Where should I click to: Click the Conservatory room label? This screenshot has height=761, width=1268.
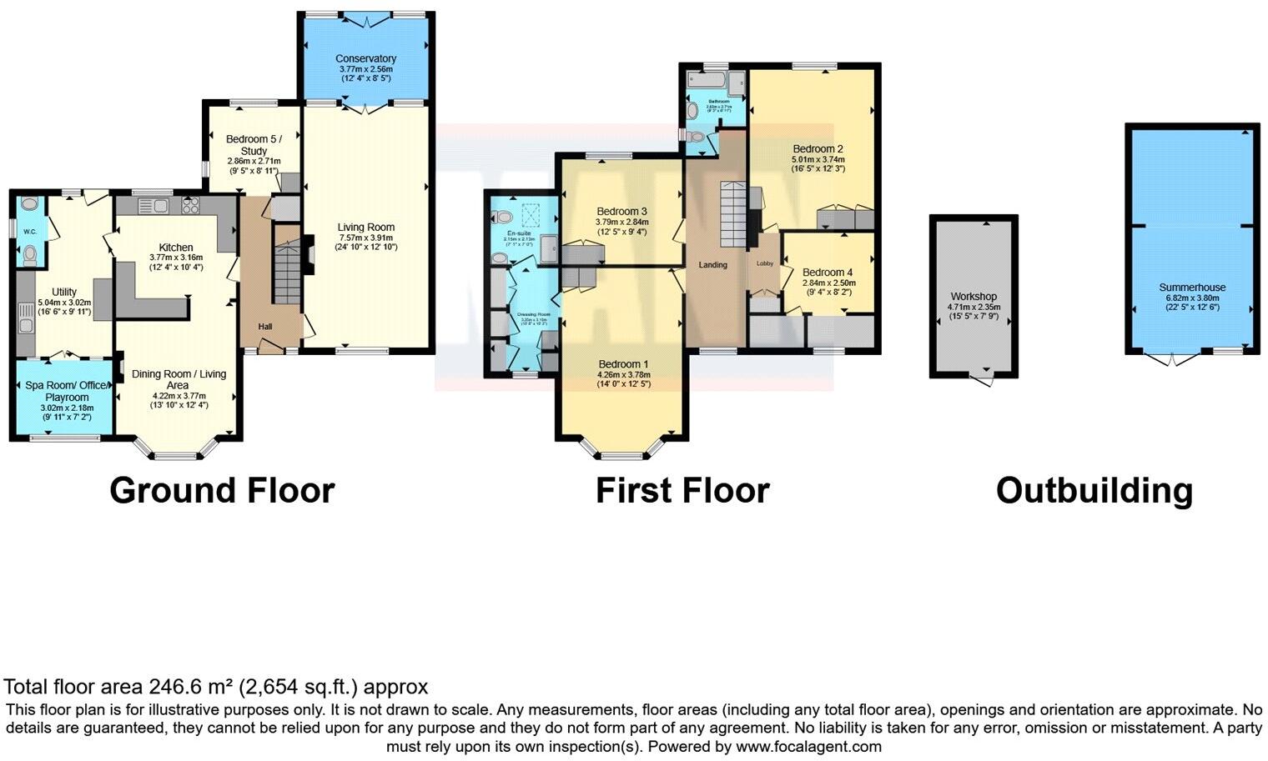pos(365,58)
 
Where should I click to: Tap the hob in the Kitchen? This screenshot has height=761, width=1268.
pos(189,205)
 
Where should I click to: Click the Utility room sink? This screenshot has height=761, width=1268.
pos(25,317)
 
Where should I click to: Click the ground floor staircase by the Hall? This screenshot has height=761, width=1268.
pos(287,275)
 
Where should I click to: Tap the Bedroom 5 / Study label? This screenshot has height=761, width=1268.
pos(254,145)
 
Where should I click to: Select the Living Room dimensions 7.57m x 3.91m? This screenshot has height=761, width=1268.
pos(365,237)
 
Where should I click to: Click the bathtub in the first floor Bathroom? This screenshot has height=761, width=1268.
pos(706,83)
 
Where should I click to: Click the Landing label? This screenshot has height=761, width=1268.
pos(712,265)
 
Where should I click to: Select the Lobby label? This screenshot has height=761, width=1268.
pos(764,263)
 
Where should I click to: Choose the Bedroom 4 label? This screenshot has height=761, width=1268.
pos(827,273)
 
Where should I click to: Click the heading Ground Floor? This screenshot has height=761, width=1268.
pos(222,490)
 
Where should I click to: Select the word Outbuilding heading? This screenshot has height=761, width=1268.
pos(1094,490)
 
